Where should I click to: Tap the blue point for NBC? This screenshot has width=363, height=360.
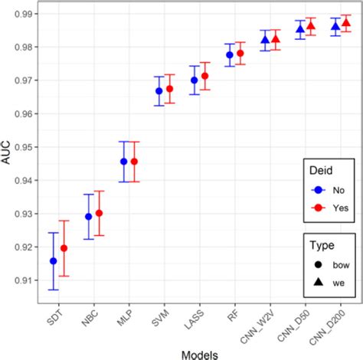pos(88,217)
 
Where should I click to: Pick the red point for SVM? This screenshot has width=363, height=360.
pos(169,89)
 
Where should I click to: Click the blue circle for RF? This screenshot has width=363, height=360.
pos(230,55)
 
